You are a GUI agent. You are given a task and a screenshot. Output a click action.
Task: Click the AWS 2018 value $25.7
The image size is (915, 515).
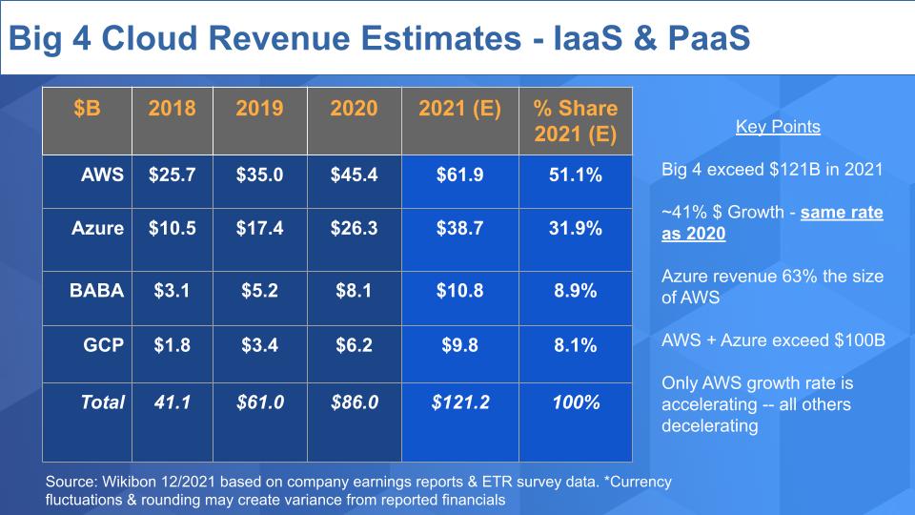[x=173, y=175]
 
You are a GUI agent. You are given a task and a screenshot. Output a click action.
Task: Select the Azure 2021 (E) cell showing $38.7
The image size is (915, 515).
[x=460, y=229]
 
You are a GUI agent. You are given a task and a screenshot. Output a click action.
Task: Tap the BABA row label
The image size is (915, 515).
[x=97, y=291]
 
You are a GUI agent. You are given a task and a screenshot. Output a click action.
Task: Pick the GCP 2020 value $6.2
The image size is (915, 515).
[x=354, y=345]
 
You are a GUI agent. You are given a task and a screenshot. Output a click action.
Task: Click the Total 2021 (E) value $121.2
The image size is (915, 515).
[x=460, y=402]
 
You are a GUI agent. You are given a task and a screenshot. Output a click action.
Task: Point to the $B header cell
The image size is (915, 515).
[x=87, y=108]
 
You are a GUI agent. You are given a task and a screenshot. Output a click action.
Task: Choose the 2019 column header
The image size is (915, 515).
[x=259, y=108]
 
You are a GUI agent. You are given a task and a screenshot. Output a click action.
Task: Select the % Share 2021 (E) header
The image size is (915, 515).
[x=576, y=121]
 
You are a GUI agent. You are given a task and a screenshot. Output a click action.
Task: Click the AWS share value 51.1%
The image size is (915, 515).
[x=576, y=175]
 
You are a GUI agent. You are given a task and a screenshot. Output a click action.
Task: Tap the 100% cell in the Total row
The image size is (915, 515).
[x=576, y=402]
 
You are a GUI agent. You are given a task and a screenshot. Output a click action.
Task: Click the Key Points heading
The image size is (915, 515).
[x=778, y=127]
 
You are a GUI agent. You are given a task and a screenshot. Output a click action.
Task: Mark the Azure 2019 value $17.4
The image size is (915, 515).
[x=259, y=229]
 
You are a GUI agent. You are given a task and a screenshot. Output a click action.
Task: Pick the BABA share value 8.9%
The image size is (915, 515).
[x=576, y=291]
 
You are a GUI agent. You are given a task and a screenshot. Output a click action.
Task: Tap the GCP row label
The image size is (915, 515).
[x=104, y=345]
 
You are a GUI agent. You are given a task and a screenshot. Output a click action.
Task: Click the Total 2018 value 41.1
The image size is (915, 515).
[x=173, y=402]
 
